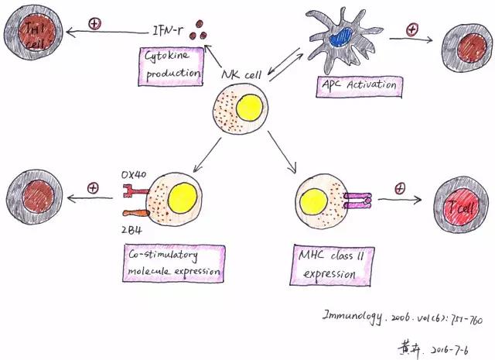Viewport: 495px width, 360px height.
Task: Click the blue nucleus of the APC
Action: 340,36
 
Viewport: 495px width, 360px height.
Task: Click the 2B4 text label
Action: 131,229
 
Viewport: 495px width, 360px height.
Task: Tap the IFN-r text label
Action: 171,32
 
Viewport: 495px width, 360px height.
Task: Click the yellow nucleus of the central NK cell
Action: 252,110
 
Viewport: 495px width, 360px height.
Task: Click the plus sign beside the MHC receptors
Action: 400,188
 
